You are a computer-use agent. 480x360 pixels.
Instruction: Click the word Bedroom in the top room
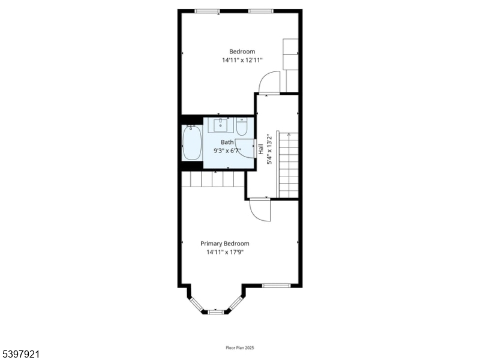(x=242, y=52)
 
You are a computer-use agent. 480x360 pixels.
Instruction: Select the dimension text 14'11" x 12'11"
(x=242, y=60)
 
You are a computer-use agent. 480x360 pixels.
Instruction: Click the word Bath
(x=227, y=142)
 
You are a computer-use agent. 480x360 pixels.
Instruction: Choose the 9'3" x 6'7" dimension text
(x=227, y=151)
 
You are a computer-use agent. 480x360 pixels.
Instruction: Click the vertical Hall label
(x=261, y=149)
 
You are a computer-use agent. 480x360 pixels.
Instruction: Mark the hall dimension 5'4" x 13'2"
(x=269, y=149)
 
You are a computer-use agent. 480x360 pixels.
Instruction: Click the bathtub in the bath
(x=192, y=143)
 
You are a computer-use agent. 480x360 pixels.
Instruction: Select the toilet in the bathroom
(x=242, y=127)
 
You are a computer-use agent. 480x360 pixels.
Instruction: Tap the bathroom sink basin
(x=221, y=125)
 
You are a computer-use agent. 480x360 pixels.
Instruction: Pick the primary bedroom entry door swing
(x=260, y=211)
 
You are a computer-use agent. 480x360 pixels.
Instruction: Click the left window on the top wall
(x=207, y=11)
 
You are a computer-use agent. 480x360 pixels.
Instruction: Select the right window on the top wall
(x=261, y=11)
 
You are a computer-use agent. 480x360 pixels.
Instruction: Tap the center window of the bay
(x=215, y=311)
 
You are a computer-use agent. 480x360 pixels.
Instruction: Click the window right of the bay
(x=277, y=285)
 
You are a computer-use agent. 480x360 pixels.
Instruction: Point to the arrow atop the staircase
(x=289, y=135)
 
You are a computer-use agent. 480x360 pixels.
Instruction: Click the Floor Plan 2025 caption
(x=239, y=347)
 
